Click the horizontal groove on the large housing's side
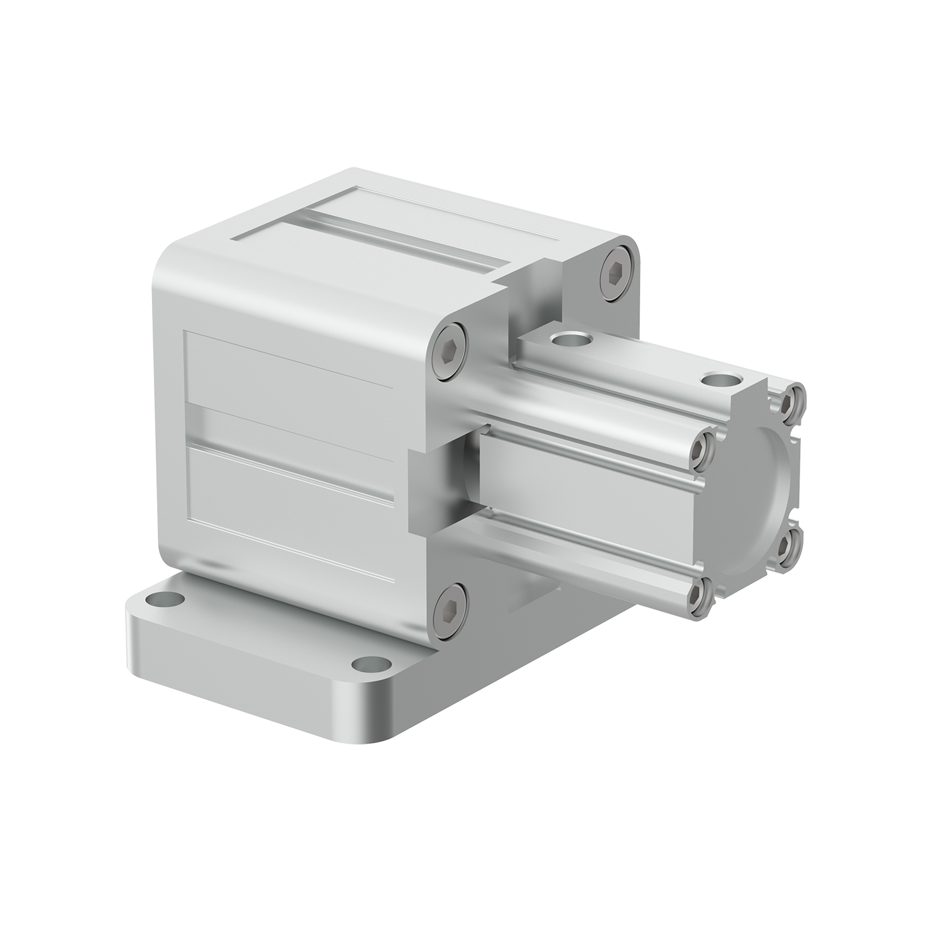click(x=289, y=427)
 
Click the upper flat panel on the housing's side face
click(x=289, y=371)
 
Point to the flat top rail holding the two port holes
click(x=635, y=365)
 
